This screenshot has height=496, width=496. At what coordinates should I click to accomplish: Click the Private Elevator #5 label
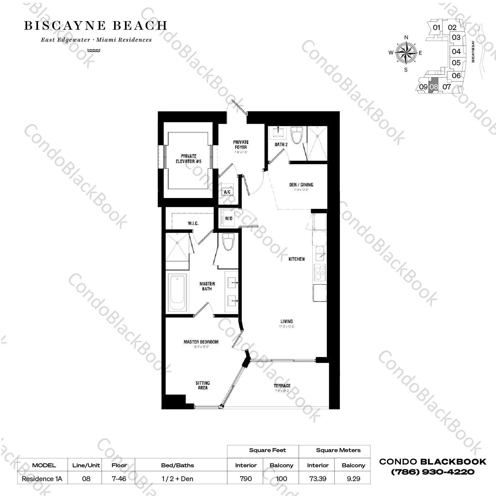(x=189, y=159)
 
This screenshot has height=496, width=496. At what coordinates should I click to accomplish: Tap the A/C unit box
(x=227, y=190)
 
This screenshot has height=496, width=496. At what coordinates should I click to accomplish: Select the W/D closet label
(x=229, y=218)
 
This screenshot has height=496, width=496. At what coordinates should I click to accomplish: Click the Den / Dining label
(x=301, y=185)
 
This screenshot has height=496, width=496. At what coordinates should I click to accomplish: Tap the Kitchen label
(x=296, y=259)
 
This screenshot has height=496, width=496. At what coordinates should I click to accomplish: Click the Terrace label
(x=282, y=385)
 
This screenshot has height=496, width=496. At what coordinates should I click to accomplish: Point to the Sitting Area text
(x=202, y=385)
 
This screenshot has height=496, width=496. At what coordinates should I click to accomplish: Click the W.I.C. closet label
(x=193, y=223)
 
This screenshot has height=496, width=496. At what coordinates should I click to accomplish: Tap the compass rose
(x=406, y=52)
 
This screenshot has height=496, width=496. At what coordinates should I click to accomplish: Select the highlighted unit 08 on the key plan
(x=434, y=87)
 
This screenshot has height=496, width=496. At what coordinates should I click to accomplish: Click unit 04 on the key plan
(x=456, y=51)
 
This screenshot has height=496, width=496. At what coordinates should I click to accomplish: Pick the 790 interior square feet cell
(x=246, y=479)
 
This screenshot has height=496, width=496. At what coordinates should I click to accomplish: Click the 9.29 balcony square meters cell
(x=353, y=479)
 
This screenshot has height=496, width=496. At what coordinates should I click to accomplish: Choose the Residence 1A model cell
(x=42, y=479)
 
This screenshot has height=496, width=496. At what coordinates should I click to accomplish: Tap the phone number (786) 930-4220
(x=433, y=472)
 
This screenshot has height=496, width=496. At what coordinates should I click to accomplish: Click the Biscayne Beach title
(x=96, y=26)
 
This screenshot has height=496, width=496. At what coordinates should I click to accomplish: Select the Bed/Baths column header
(x=177, y=465)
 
